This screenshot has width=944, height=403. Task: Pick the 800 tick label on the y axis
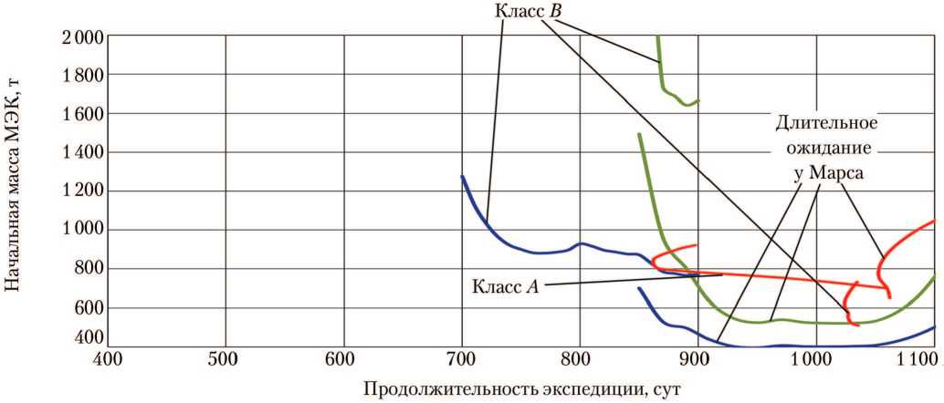tap(87, 268)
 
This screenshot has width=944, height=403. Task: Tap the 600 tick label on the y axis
tap(87, 308)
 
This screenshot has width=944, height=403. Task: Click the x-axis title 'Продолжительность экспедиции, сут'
tap(521, 389)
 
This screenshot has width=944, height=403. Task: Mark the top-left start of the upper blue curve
tap(463, 177)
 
